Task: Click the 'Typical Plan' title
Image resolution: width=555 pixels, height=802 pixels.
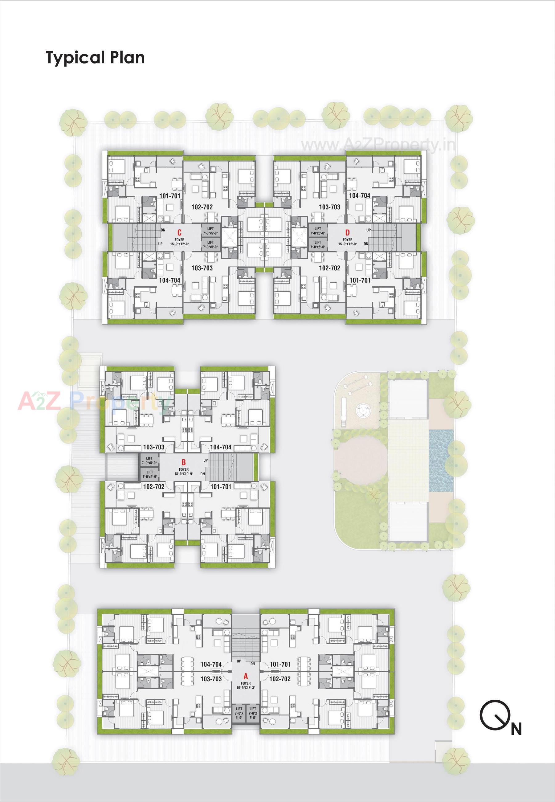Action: pos(95,57)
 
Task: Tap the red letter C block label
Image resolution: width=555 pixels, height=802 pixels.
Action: pos(179,233)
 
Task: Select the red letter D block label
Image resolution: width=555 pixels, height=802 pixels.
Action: pos(347,232)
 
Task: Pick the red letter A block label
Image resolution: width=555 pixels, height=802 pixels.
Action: pos(246,677)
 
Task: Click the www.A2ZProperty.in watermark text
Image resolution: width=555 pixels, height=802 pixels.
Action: pos(378,145)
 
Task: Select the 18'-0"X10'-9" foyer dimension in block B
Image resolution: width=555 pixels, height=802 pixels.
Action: pos(184,474)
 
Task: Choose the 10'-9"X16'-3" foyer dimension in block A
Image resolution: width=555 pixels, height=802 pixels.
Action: pos(246,688)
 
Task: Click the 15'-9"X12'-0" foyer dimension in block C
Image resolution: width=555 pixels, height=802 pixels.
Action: pos(179,244)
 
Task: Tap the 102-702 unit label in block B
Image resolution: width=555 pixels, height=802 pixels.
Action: pos(154,487)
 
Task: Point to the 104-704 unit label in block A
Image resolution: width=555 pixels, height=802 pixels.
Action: pos(211,664)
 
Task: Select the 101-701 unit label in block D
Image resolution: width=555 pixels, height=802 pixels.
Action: pos(360,280)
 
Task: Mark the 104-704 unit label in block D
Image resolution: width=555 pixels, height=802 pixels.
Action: pos(360,195)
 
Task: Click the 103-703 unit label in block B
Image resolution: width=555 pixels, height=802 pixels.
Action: pos(154,447)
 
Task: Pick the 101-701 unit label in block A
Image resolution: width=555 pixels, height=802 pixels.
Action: pos(280,664)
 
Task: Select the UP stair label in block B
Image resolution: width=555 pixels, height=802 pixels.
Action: pos(206,460)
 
